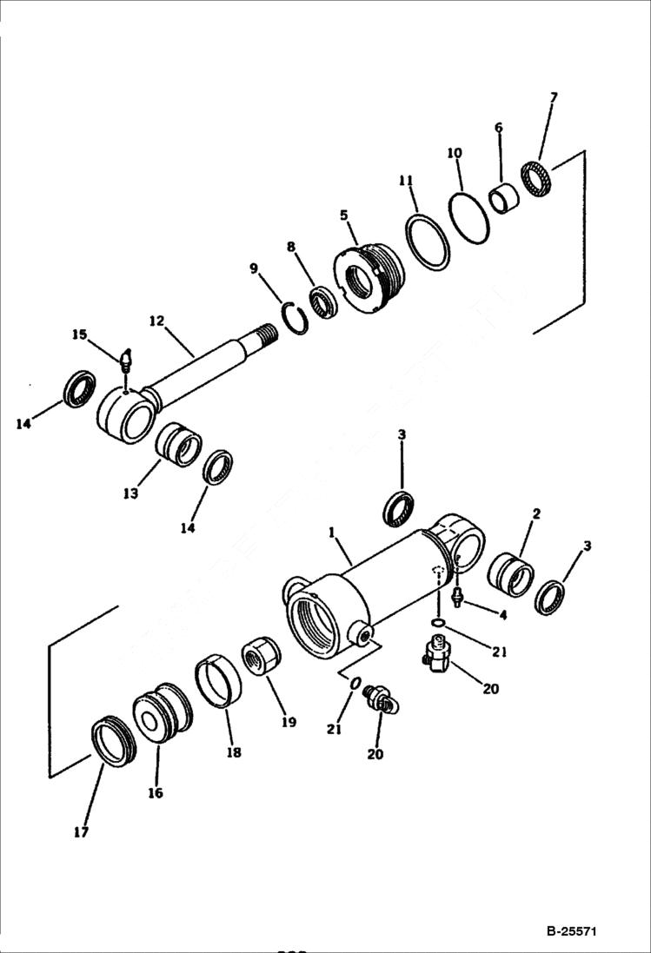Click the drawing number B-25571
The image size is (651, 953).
click(x=571, y=931)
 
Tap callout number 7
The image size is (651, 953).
click(x=554, y=97)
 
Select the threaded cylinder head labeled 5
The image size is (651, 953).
click(x=370, y=274)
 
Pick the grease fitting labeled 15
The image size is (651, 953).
click(x=127, y=358)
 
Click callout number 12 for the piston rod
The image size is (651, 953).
click(x=156, y=321)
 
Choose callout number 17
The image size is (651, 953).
click(x=81, y=832)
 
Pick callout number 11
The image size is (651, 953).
click(x=406, y=181)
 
